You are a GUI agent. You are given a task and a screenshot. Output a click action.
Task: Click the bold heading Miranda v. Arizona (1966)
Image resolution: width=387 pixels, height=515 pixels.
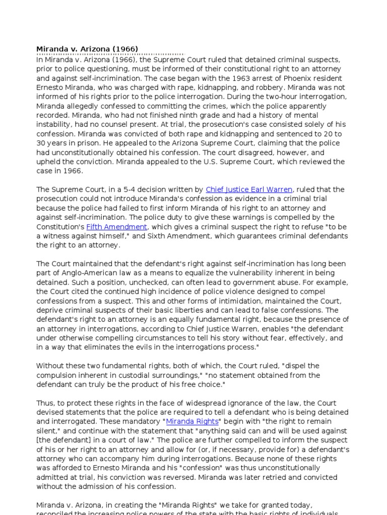click(x=87, y=49)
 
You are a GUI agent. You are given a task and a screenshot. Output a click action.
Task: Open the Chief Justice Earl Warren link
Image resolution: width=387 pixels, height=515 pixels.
click(x=249, y=190)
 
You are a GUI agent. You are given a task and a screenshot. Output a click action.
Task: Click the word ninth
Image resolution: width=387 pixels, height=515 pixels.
click(x=170, y=115)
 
